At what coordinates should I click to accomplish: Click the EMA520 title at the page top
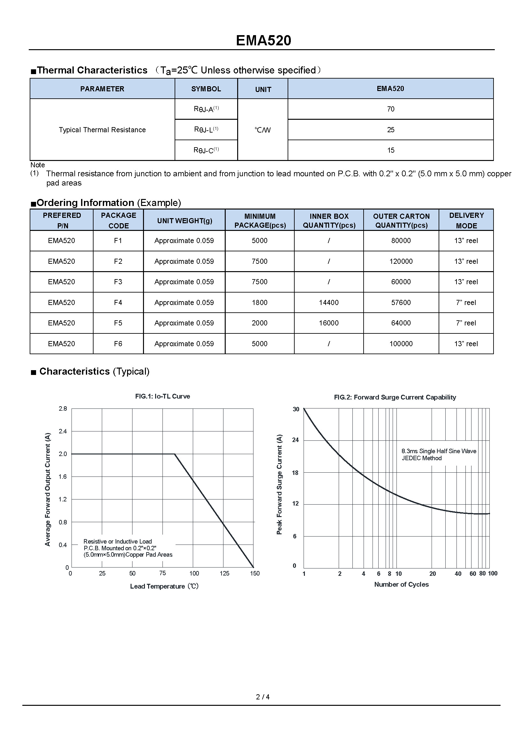click(263, 40)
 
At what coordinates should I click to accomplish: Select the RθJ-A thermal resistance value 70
click(390, 109)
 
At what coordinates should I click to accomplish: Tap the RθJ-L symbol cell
click(206, 129)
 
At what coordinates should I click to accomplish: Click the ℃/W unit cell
click(263, 130)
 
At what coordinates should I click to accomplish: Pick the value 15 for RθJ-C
click(390, 150)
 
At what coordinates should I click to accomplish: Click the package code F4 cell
click(118, 302)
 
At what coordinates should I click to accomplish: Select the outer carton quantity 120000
click(401, 261)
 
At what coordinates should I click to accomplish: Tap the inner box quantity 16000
click(329, 323)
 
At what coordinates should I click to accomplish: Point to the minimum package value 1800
click(260, 302)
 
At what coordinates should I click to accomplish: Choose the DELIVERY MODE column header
click(466, 220)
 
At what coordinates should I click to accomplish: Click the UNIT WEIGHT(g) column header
click(184, 221)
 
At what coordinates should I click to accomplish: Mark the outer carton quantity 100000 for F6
click(401, 344)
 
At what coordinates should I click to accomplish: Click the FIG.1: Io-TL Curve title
click(162, 396)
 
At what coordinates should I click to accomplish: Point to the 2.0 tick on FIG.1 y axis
click(63, 454)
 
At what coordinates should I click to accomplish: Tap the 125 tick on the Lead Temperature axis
click(224, 573)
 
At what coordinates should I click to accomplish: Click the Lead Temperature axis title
click(164, 586)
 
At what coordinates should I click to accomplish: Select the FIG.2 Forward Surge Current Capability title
click(395, 397)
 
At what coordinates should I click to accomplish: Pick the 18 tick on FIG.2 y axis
click(295, 473)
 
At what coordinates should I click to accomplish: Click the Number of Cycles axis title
click(401, 584)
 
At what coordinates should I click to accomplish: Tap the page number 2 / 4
click(263, 697)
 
